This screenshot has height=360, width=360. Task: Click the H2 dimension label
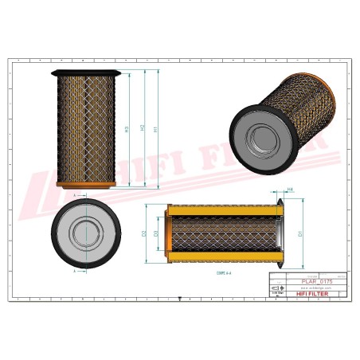click(x=142, y=128)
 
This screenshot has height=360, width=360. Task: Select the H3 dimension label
click(x=127, y=129)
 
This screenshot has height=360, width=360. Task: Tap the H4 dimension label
click(x=290, y=190)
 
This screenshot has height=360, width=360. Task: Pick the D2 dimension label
click(x=144, y=234)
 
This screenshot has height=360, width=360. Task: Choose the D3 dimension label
click(x=155, y=234)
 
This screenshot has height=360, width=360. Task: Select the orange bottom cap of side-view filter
click(x=86, y=185)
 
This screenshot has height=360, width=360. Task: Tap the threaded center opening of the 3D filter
click(x=262, y=143)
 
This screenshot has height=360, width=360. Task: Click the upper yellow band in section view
click(x=223, y=211)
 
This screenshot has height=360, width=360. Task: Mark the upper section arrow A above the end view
click(x=76, y=194)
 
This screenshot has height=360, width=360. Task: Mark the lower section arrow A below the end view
click(x=76, y=271)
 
